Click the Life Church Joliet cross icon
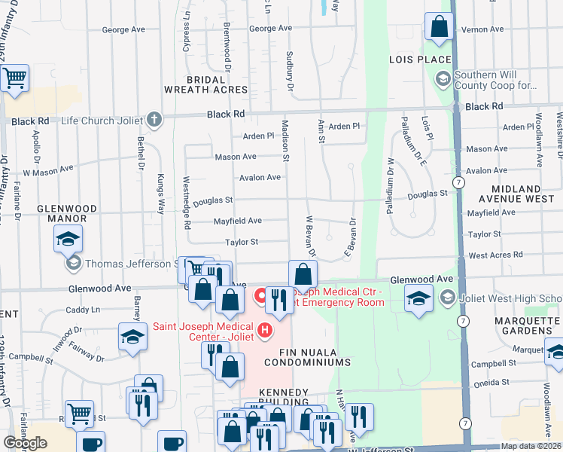[x=154, y=120]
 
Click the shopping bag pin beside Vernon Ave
[x=439, y=26]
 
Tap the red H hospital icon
[x=264, y=329]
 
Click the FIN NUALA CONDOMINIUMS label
[x=305, y=362]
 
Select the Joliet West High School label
[x=511, y=298]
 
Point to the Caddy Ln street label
[x=82, y=310]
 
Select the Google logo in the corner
[x=25, y=443]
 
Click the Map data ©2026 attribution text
[x=531, y=446]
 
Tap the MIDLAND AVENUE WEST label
[x=525, y=194]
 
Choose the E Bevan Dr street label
[x=350, y=237]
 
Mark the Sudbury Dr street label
[x=289, y=72]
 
